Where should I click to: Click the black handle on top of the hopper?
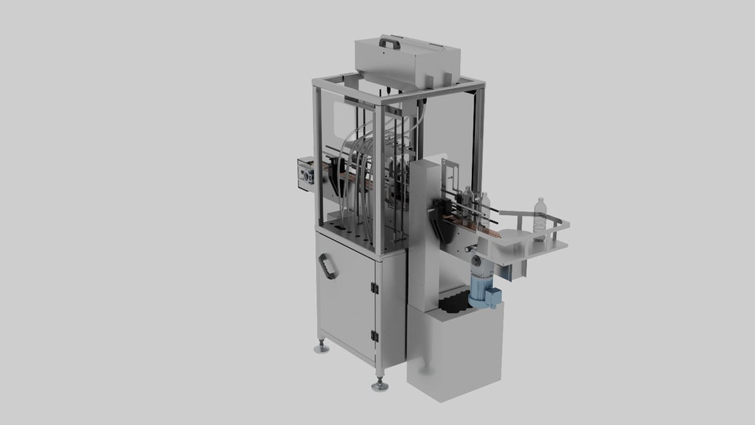389,41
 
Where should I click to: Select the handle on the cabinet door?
327,267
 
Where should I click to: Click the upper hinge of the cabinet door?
375,288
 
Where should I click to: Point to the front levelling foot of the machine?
381,385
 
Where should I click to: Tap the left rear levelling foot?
321,346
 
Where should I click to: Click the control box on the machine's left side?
305,173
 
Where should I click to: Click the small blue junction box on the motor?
492,297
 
